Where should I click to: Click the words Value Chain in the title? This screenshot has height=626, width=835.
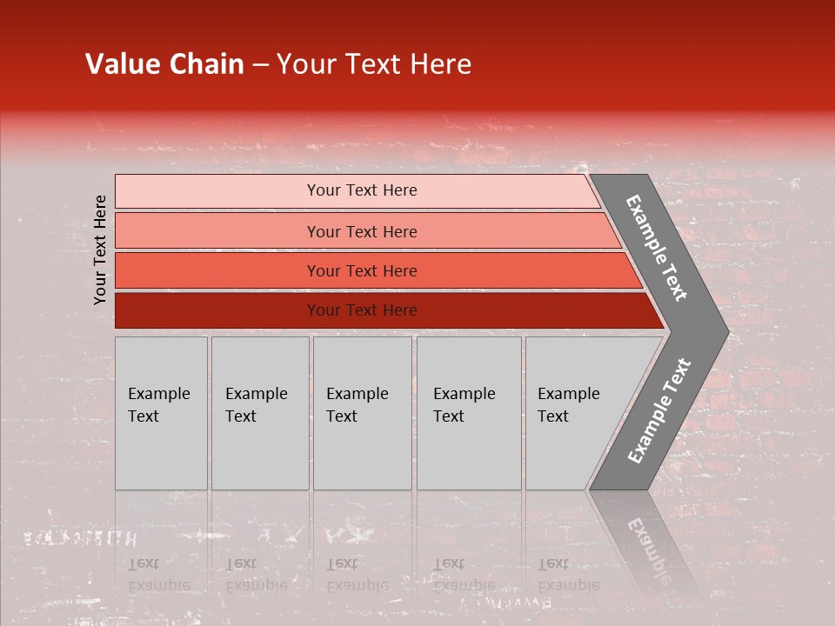pos(164,64)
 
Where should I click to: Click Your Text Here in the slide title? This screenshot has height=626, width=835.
pos(374,64)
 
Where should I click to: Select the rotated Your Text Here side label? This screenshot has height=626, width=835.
pos(100,250)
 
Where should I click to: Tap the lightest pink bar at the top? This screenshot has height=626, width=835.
pos(217,191)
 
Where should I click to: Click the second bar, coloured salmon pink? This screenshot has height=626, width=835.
pos(217,231)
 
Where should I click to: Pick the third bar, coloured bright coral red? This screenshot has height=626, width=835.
pos(217,270)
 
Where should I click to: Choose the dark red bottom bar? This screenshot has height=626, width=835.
pos(217,310)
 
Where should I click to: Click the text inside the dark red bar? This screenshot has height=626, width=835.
pos(362,310)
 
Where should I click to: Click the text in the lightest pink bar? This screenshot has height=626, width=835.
pos(362,190)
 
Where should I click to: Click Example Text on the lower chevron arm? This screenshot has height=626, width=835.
pos(658,411)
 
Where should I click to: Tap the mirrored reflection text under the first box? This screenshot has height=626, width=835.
pos(159,575)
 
